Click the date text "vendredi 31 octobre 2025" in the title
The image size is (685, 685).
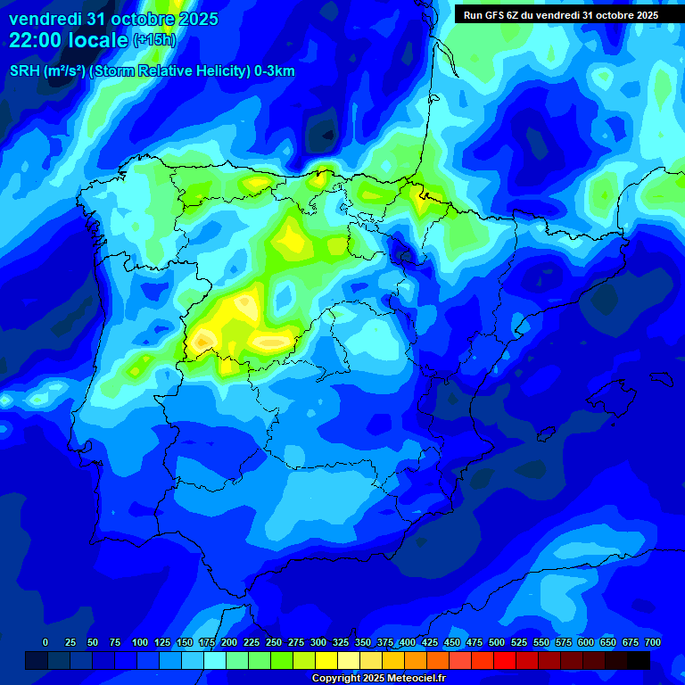point(113,19)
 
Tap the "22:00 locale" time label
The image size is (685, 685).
point(69,39)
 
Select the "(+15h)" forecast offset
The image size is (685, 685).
point(154,40)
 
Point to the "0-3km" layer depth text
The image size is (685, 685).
point(274,71)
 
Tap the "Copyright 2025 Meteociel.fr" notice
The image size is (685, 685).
point(378,679)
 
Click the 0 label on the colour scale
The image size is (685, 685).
point(45,642)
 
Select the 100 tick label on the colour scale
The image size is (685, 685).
point(140,642)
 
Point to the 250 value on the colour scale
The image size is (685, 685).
point(274,642)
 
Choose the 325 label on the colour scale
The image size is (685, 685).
point(341,642)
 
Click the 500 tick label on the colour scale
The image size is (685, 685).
point(497,642)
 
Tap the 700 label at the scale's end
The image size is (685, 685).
point(653,642)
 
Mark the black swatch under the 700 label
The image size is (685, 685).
point(639,660)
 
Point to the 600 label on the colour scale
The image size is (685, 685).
point(586,642)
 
